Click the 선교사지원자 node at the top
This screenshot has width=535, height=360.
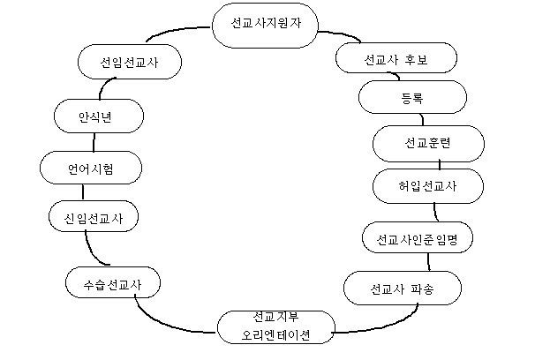(x=265, y=26)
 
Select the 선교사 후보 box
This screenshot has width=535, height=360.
(x=396, y=58)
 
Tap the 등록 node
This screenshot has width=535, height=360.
(x=412, y=97)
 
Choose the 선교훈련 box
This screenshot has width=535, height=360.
(x=428, y=144)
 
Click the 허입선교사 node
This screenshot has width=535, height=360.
(x=428, y=186)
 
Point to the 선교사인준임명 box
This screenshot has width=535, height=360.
(x=418, y=237)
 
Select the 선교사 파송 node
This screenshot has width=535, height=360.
(x=403, y=288)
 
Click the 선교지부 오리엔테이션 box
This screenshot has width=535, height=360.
(x=276, y=327)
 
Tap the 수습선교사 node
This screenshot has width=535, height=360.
(x=113, y=282)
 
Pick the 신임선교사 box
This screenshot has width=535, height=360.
(x=94, y=216)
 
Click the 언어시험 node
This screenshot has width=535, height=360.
(x=91, y=168)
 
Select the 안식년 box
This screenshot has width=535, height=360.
(x=99, y=116)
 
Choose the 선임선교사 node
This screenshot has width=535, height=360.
(x=130, y=62)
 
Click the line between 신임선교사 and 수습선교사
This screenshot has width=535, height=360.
(x=92, y=251)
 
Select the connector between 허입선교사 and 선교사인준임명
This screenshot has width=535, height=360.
(x=435, y=212)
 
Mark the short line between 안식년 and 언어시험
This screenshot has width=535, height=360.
(x=94, y=142)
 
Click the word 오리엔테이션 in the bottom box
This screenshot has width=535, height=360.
(x=275, y=335)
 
